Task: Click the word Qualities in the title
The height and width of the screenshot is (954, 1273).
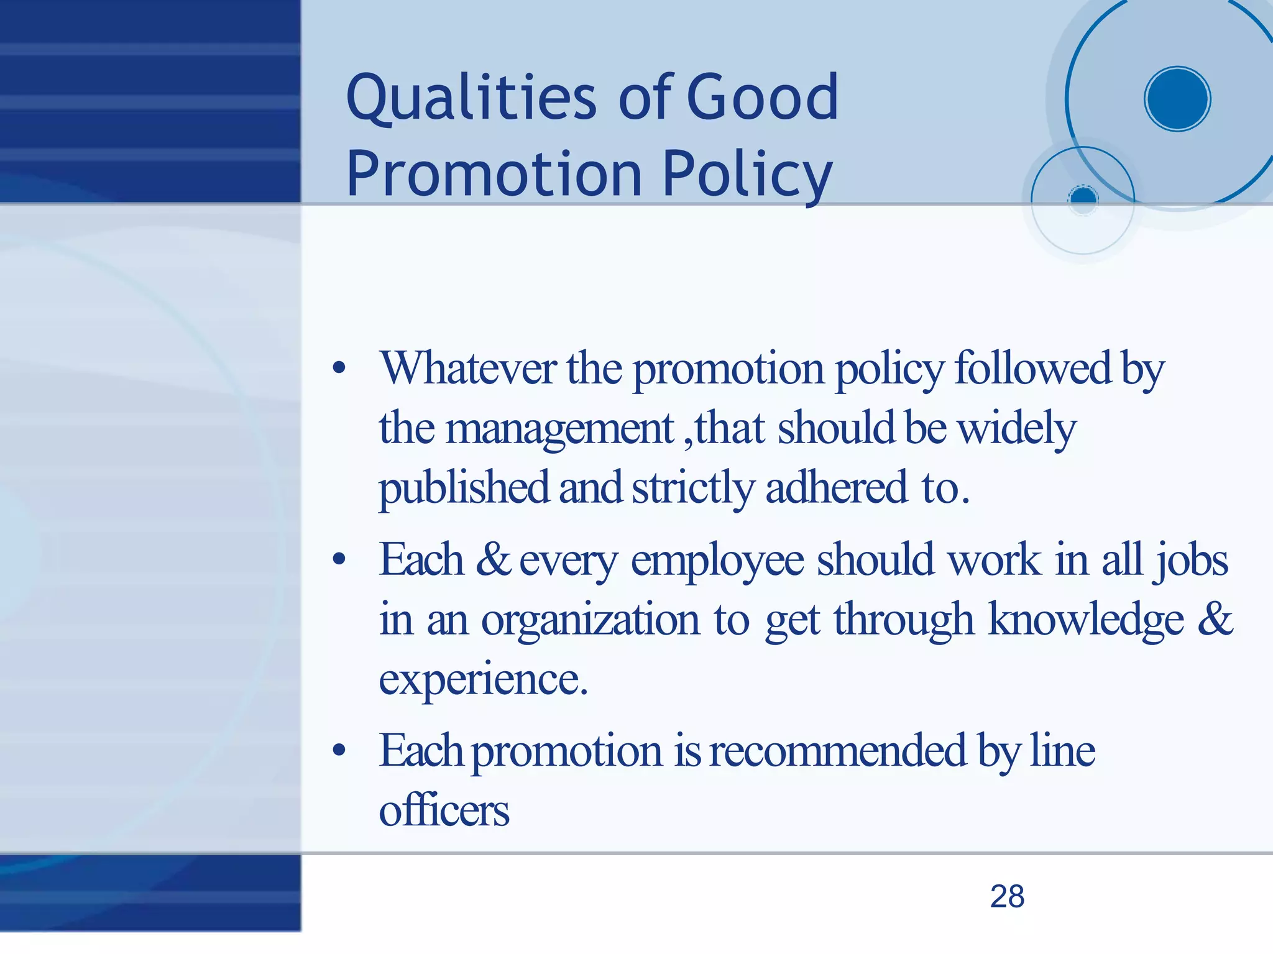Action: [x=471, y=98]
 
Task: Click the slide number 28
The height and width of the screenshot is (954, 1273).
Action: [x=1007, y=897]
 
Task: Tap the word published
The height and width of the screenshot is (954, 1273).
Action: [x=464, y=488]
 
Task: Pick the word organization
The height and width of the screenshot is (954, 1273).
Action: [x=591, y=620]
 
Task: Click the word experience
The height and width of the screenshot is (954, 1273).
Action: [x=483, y=679]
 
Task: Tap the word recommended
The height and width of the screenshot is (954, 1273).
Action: [x=838, y=751]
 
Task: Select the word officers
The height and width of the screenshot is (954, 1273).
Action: [x=444, y=811]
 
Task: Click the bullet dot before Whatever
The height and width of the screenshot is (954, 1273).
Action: [x=339, y=369]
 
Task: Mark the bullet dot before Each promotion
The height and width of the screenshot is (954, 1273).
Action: [x=339, y=751]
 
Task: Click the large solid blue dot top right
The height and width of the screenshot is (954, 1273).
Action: [x=1177, y=99]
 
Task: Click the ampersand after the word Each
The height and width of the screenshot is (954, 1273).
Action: [x=493, y=559]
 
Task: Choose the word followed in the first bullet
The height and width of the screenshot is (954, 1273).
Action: [x=1032, y=368]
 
